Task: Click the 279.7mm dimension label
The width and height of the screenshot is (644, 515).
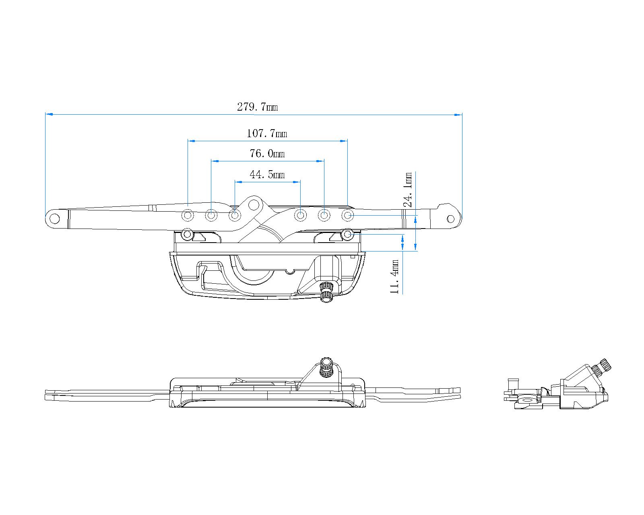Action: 257,107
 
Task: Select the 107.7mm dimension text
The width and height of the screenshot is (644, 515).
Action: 266,133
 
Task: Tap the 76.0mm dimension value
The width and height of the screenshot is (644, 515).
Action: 267,154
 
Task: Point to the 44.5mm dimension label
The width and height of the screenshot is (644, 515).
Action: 267,175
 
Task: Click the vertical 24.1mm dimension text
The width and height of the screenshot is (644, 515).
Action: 408,190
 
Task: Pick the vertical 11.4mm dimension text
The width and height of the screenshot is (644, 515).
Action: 395,276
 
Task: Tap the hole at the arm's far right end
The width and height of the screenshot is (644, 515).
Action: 451,219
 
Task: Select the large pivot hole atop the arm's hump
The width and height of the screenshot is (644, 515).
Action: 254,205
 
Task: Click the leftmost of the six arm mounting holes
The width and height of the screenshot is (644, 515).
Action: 188,216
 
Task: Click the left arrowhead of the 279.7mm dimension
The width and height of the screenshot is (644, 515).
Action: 49,115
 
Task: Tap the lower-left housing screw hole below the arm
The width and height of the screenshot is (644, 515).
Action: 187,233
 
